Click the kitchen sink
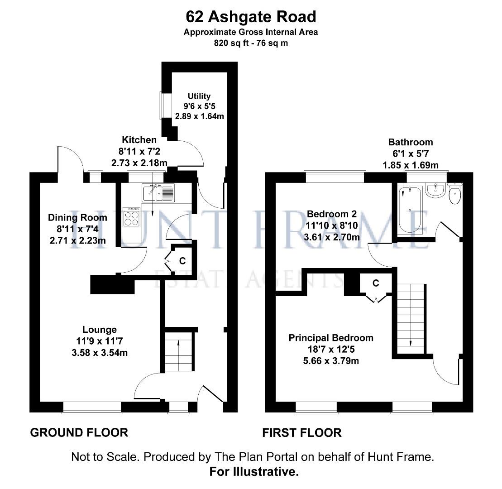tap(158, 193)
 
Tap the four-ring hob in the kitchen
tap(132, 217)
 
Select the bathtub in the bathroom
tap(410, 210)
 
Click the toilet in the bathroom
tap(454, 193)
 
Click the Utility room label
tap(199, 96)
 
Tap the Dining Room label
tap(77, 218)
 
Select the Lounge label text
tap(100, 330)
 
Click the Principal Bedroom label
tap(331, 338)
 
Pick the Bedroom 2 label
tap(332, 214)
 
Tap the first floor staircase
tap(411, 319)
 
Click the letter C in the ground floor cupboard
tap(182, 261)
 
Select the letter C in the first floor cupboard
tap(376, 283)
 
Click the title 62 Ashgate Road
tap(251, 17)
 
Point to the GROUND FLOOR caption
tap(79, 433)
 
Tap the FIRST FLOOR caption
tap(302, 433)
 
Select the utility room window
tap(161, 105)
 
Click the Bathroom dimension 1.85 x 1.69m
tap(411, 165)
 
